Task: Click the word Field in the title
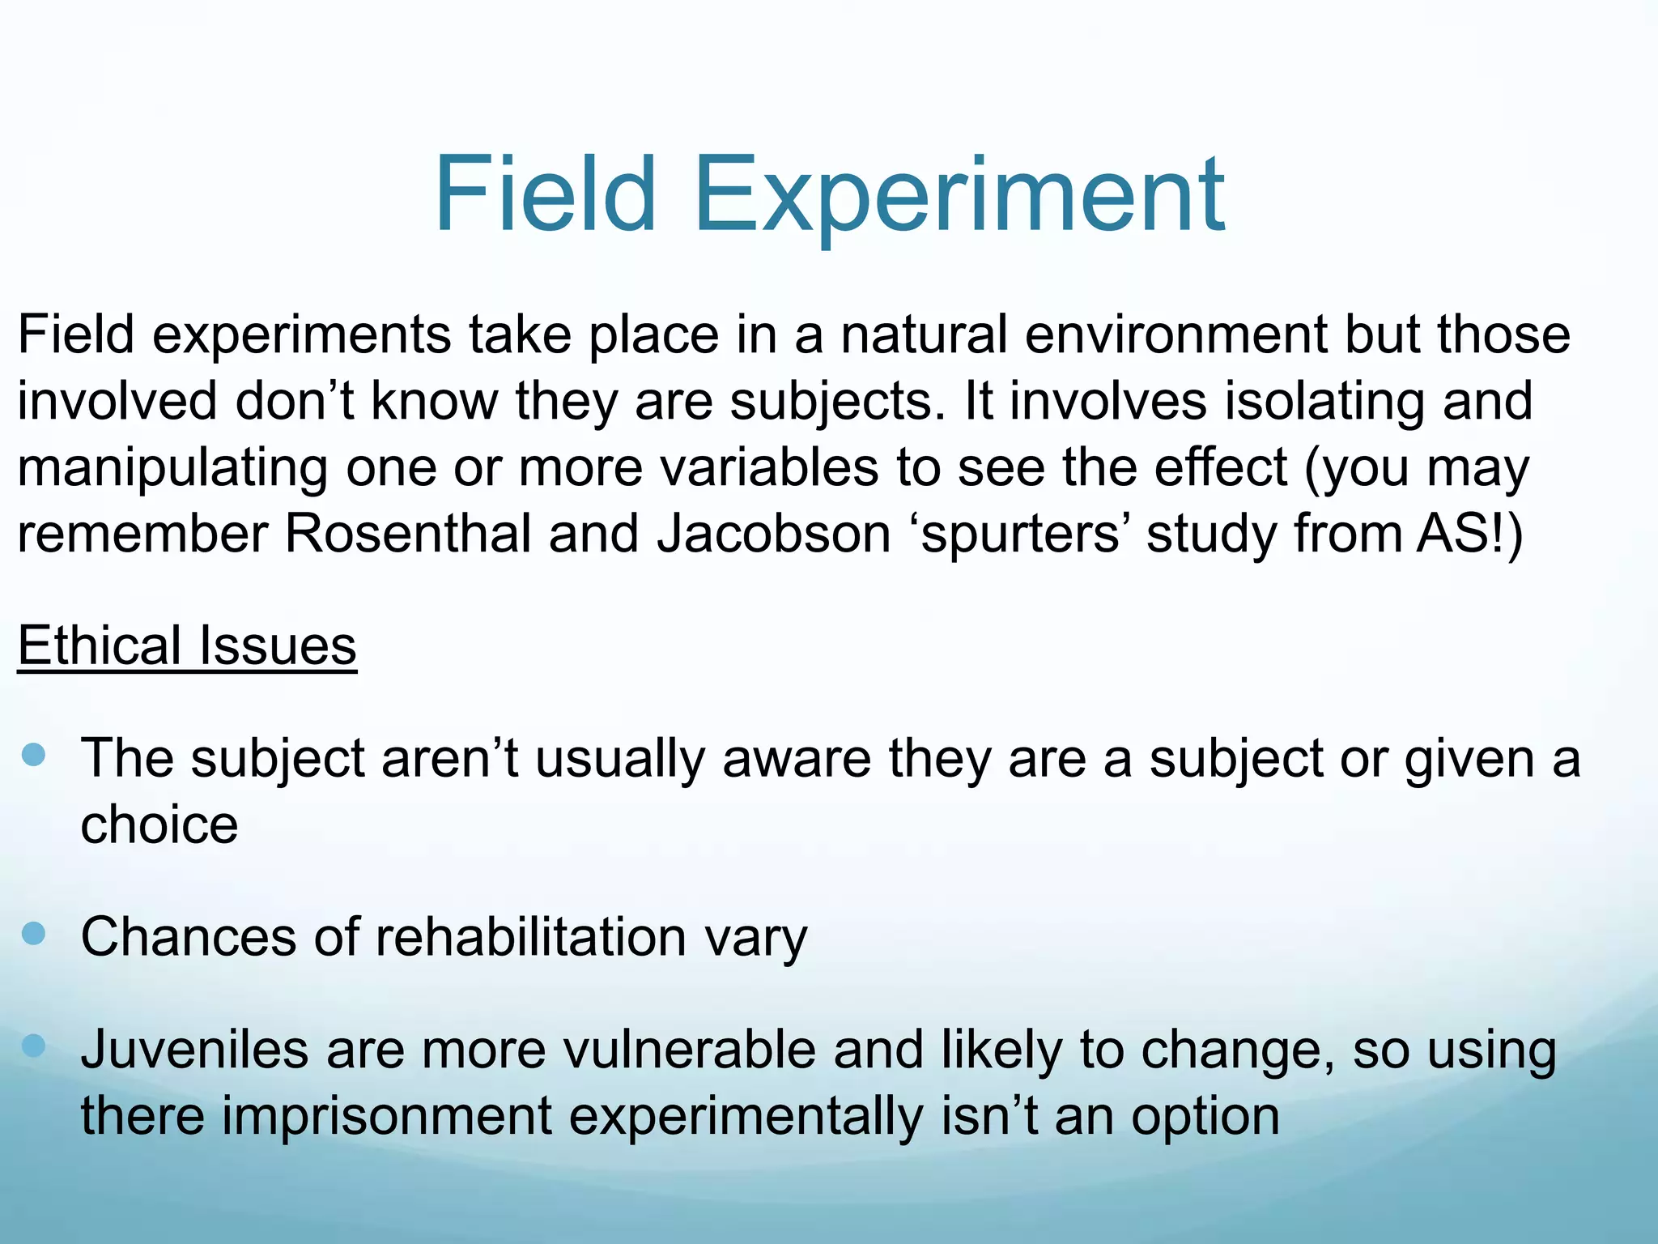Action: pos(544,196)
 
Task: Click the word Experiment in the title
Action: pos(959,196)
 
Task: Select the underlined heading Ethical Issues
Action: pos(187,645)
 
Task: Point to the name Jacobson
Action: pos(773,534)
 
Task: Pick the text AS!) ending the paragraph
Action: pos(1469,534)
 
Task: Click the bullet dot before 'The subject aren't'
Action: pos(34,756)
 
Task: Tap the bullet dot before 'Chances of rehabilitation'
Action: pos(34,934)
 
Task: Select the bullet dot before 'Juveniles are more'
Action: pos(34,1046)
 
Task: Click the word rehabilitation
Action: pos(531,937)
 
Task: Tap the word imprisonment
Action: pos(387,1116)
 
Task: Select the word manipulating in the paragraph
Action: pos(172,469)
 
